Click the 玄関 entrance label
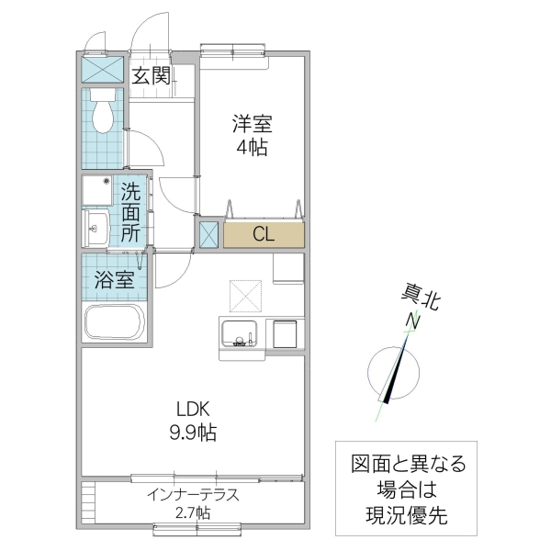[152, 76]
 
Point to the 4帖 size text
[250, 147]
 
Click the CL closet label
[263, 234]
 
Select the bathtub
[115, 323]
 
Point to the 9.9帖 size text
[191, 433]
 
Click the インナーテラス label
[193, 494]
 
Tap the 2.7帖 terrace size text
[193, 512]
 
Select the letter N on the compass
[414, 321]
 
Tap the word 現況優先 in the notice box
[399, 516]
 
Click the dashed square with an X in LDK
[247, 295]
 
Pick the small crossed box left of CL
[208, 234]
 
